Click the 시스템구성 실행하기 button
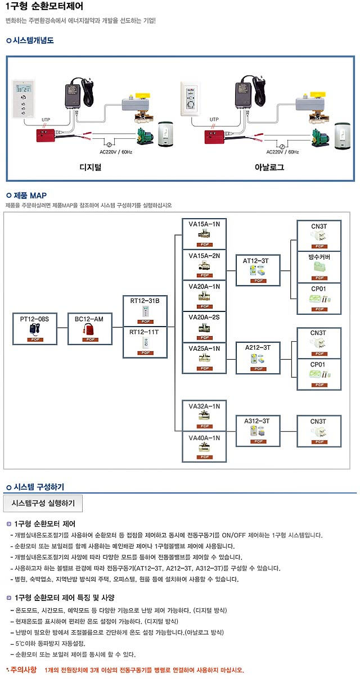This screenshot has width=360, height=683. pos(43,503)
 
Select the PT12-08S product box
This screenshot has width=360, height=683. pos(35,329)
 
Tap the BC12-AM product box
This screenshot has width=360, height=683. pos(89,329)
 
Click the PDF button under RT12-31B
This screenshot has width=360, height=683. pos(145,322)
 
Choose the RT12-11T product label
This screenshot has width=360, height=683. pos(145,332)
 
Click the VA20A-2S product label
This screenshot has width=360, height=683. pos(204,318)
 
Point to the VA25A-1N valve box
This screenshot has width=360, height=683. pos(204,358)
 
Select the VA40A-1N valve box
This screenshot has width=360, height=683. pos(204,447)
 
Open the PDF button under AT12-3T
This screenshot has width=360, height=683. pos(259,281)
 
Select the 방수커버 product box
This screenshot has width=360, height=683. pos(319,266)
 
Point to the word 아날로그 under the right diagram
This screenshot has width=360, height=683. pos(269,168)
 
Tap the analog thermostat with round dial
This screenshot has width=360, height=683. pos(190,99)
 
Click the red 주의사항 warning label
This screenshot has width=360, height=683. pos(23,670)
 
